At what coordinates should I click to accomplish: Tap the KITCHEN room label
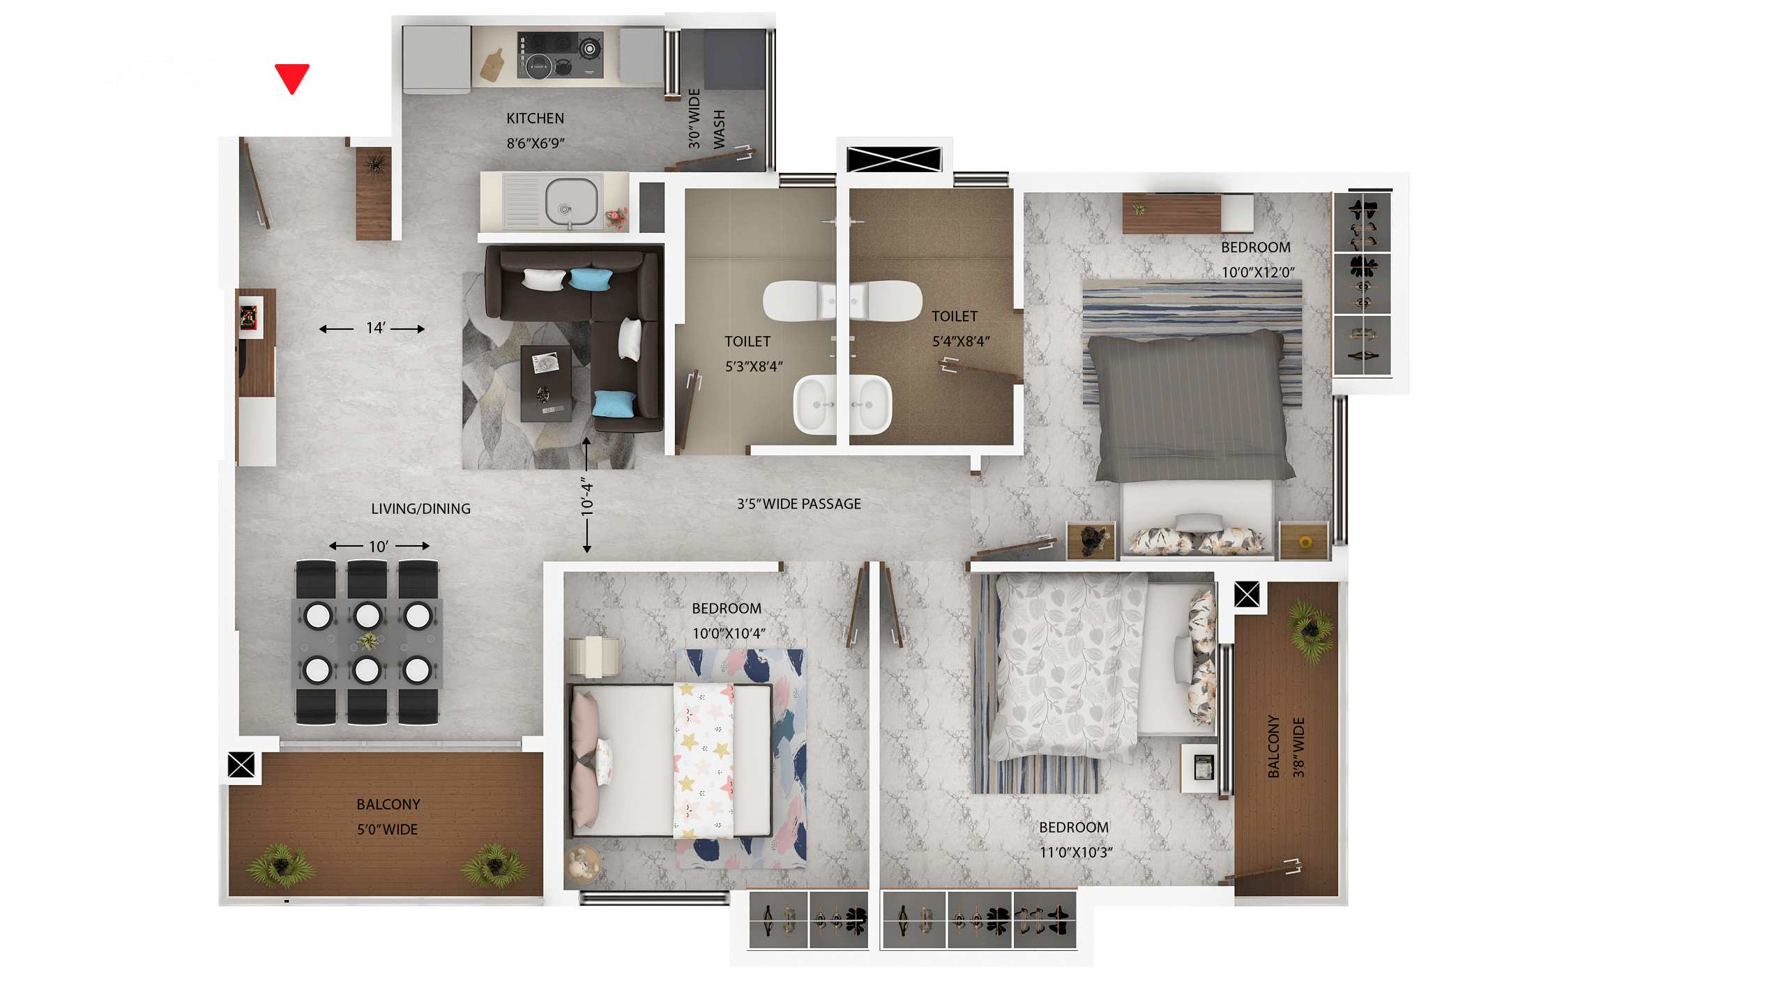click(535, 119)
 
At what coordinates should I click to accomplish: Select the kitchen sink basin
click(571, 201)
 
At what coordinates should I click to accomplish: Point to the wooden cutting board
click(492, 64)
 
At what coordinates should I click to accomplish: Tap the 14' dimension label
click(375, 328)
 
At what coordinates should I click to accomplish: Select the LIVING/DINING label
click(420, 509)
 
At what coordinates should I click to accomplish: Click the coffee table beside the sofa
click(546, 383)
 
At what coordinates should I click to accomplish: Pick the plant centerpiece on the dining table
click(367, 640)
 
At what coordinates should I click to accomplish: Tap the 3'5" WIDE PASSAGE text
click(798, 503)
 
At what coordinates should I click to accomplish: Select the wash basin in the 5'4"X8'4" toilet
click(870, 404)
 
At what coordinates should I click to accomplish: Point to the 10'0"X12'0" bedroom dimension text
click(1258, 272)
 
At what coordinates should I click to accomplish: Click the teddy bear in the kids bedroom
click(581, 864)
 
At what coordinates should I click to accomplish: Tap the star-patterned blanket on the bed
click(703, 760)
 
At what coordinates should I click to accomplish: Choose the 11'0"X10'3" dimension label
click(1075, 852)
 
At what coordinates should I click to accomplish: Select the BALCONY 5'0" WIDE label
click(388, 816)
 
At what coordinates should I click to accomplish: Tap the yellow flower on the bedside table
click(1305, 542)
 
